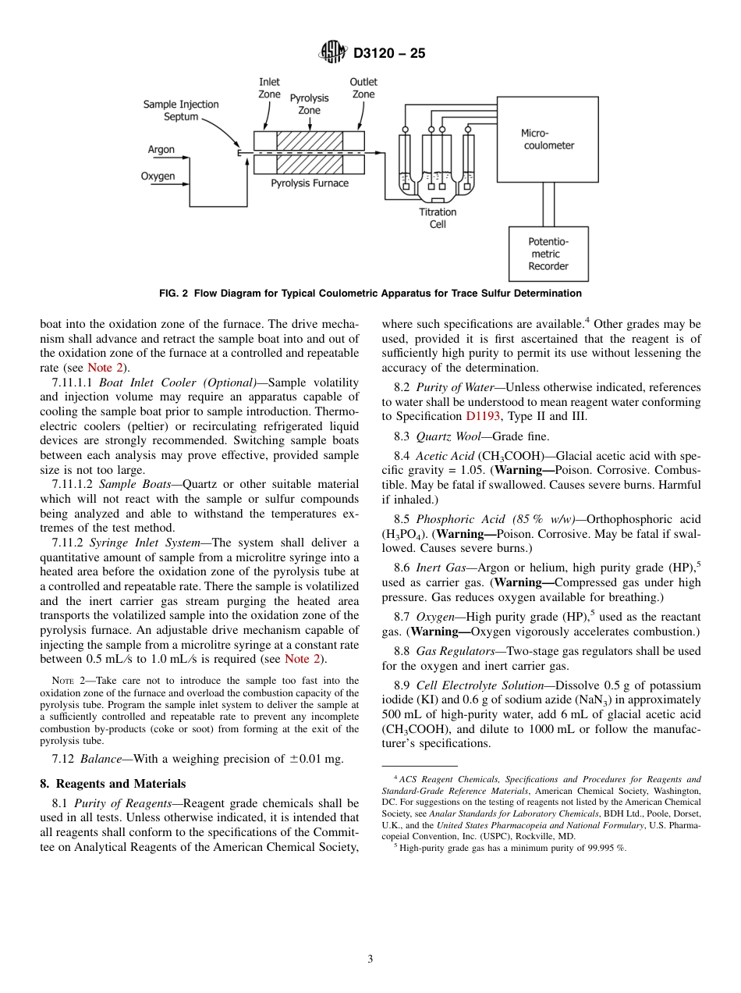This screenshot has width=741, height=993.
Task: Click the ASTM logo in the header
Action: (x=334, y=53)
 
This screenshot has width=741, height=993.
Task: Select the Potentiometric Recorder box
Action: (x=548, y=254)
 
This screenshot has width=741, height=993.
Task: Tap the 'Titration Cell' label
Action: (x=438, y=218)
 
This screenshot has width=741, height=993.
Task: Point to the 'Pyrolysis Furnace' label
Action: (x=310, y=183)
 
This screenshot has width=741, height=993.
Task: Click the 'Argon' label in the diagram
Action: (x=161, y=149)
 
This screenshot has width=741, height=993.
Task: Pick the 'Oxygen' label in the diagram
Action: (x=158, y=176)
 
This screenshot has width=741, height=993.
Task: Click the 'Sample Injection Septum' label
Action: (x=181, y=110)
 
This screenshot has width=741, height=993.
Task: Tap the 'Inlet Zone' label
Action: (x=269, y=88)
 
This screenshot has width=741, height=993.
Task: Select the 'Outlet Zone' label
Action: (x=363, y=88)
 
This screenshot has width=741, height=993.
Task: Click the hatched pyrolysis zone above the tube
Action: (x=310, y=140)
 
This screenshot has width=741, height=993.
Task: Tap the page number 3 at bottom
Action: (x=370, y=959)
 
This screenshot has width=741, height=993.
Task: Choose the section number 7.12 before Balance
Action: (x=64, y=759)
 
